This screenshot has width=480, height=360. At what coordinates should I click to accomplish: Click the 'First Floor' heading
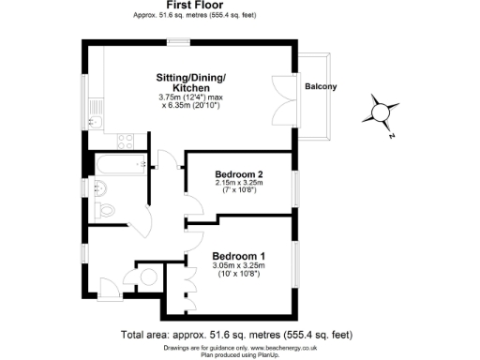[x=193, y=6]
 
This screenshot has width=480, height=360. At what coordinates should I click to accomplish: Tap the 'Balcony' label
[x=320, y=87]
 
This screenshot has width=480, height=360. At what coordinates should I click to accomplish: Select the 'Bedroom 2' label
[x=238, y=174]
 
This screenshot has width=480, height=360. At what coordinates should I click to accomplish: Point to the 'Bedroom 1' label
[x=238, y=256]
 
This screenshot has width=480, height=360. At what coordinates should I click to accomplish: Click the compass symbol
[x=381, y=112]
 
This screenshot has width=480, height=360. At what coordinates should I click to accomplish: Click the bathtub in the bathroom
[x=117, y=166]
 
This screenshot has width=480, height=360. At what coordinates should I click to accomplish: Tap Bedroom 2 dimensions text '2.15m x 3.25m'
[x=238, y=184]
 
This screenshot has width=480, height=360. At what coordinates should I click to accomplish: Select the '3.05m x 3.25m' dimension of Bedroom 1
[x=238, y=266]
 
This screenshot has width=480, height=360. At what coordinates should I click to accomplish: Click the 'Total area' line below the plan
[x=236, y=334]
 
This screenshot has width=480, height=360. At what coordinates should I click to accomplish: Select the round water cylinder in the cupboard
[x=148, y=277]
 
